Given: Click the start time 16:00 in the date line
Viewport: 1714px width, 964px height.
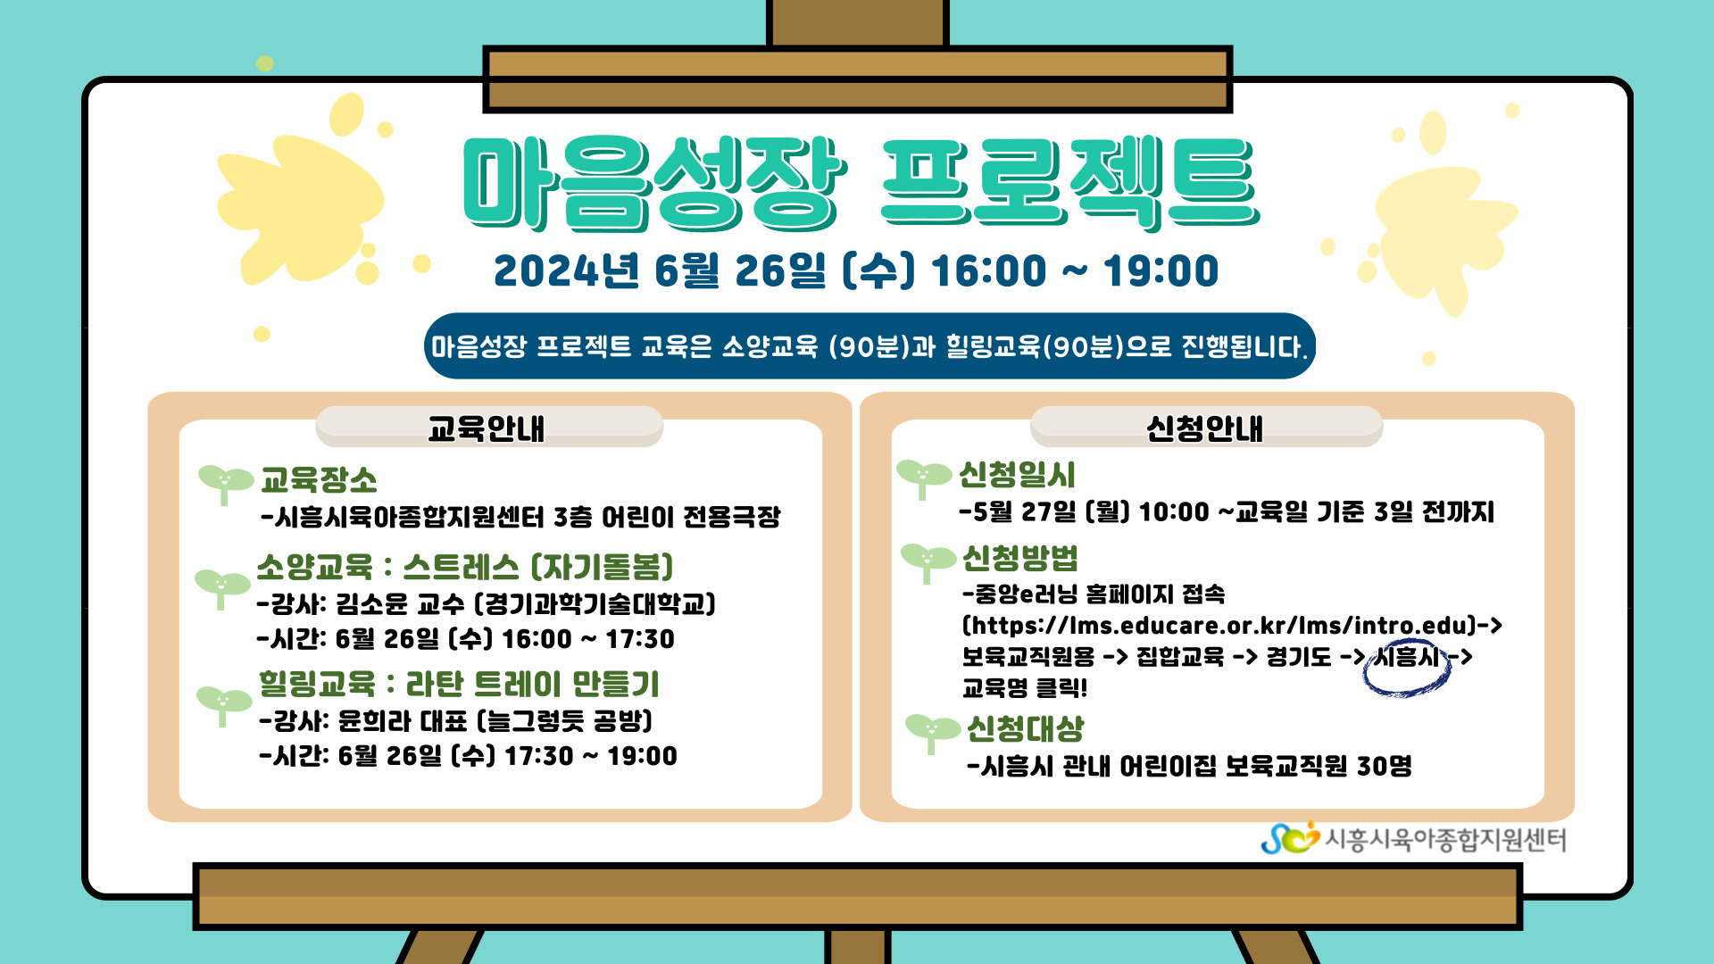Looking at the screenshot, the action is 988,270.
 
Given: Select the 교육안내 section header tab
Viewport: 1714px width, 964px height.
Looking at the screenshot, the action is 489,427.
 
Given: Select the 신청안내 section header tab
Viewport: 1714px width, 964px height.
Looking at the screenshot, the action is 1206,427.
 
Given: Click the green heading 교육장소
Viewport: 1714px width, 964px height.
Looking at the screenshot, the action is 319,480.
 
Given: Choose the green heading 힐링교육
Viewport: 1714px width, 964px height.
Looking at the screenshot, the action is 317,684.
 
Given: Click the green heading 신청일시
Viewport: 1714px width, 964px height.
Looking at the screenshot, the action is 1017,475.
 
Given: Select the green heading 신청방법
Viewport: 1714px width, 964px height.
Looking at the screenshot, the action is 1020,558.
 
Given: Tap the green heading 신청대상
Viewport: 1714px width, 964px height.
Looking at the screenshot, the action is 1026,728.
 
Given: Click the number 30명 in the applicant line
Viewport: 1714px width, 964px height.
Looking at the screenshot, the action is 1385,766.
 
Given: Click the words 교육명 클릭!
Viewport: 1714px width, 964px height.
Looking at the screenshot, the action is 1025,688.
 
